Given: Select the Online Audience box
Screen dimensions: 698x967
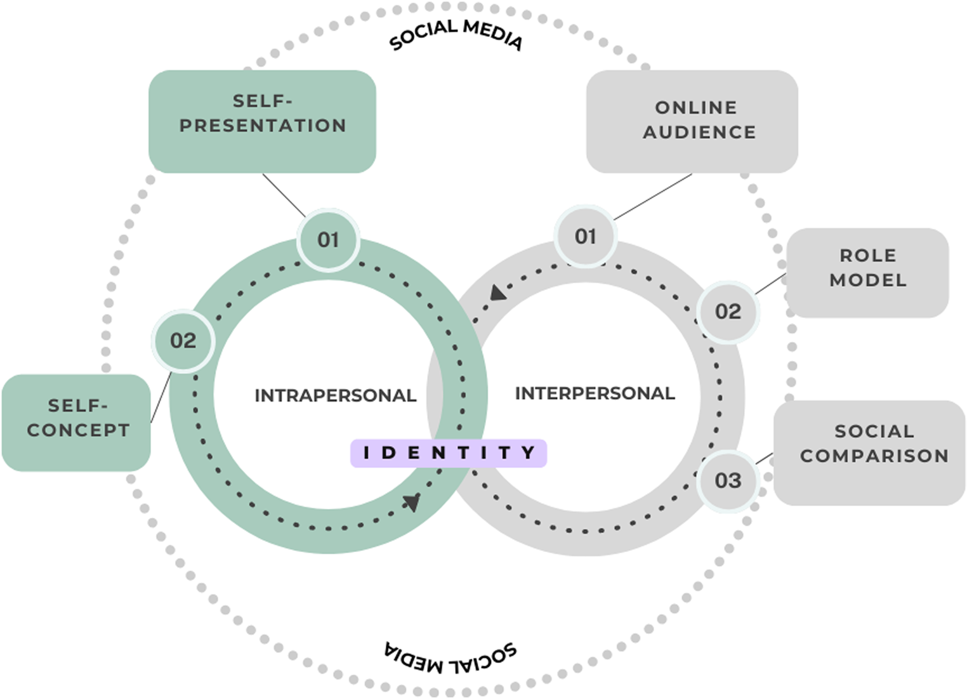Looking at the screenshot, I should point(692,121).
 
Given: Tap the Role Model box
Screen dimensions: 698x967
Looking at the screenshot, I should point(867,273).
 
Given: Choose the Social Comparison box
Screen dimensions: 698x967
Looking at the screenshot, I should point(870,452).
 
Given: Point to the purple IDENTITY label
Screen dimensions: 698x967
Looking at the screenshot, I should point(448,453).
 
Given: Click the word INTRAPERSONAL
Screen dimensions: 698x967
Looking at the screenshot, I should point(335,395).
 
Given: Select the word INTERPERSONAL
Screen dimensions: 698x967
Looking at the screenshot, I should point(595,393).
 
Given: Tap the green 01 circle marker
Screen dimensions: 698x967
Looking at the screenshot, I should point(328,240).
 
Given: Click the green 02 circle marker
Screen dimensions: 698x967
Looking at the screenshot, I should point(183,341).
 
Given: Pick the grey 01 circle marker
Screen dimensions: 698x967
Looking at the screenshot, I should point(585,237).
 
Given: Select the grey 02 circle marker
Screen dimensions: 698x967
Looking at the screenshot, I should point(728,312).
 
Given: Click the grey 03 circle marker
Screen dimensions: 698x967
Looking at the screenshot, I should point(728,480).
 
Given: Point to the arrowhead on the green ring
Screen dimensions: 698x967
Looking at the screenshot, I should point(413,502).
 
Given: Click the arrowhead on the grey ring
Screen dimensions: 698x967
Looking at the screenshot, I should point(498,293).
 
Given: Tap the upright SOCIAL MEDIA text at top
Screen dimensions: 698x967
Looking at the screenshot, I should point(456,34).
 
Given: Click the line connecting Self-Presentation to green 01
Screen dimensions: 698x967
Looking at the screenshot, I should point(284,195).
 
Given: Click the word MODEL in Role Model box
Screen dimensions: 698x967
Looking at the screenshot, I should point(867,280).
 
